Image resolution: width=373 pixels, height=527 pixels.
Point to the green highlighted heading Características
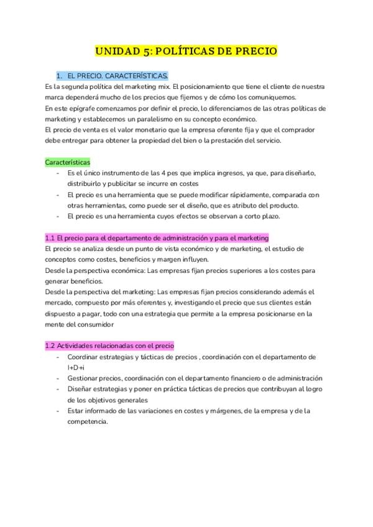click(x=68, y=162)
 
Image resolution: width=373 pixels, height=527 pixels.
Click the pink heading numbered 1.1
click(x=157, y=238)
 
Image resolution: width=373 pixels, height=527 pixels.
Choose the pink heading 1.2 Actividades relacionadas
click(x=110, y=346)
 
